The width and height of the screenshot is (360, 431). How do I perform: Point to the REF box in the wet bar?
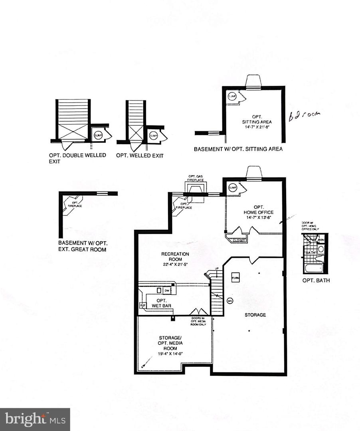(142, 305)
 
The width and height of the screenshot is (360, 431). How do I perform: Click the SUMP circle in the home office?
(232, 188)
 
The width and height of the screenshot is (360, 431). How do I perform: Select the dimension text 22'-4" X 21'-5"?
(175, 264)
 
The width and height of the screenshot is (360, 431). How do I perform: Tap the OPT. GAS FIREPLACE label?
(196, 178)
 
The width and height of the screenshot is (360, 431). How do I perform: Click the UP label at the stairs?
(217, 269)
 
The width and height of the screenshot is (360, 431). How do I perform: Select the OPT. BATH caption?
(316, 280)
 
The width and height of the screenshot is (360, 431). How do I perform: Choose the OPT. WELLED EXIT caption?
(140, 155)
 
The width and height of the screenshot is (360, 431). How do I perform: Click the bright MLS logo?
(35, 419)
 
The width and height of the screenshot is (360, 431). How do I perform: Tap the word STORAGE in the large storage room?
(255, 315)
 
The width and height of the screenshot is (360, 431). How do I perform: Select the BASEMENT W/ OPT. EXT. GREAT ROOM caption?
(83, 246)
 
